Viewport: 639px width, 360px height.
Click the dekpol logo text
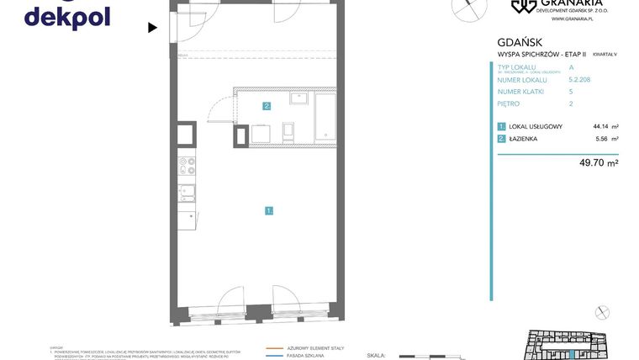click(67, 17)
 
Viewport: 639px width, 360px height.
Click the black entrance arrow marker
click(152, 28)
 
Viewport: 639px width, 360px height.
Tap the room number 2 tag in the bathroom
click(267, 106)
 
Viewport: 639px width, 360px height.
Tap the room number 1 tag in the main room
click(268, 210)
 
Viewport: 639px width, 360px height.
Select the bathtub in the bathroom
click(325, 116)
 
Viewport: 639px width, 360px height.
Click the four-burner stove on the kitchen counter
click(187, 166)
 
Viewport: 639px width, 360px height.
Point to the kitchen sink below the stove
click(187, 193)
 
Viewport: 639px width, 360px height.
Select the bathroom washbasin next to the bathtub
click(299, 98)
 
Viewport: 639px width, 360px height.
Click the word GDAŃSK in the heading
click(520, 42)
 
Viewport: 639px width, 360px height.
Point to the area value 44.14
click(601, 126)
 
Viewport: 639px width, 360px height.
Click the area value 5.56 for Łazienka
click(602, 139)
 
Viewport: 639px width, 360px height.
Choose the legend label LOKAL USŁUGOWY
click(536, 126)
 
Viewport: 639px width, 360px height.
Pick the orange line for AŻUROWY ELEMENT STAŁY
click(274, 347)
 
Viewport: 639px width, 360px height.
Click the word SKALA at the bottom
click(376, 356)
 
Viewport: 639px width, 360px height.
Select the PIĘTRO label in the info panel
click(509, 103)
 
